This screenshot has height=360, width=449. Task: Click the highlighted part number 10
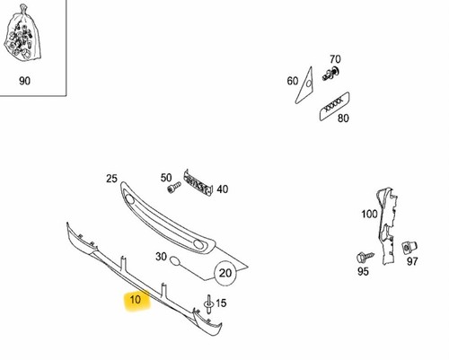coord(136,299)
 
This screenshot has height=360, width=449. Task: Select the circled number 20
coord(225,273)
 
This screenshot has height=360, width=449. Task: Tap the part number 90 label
coord(24,81)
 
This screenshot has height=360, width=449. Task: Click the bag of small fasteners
coord(22,34)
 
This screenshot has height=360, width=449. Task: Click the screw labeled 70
coord(330,74)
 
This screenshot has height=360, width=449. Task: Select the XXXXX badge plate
coord(334,106)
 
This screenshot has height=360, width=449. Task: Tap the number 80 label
coord(343,119)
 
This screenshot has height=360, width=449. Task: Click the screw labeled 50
coord(174,188)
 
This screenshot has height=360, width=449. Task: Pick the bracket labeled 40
coord(198,182)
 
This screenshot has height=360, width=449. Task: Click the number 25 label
coord(111,179)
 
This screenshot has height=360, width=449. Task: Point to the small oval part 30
coord(174,261)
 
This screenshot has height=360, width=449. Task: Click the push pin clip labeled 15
coord(208,304)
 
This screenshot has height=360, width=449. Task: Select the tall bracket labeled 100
coord(388,226)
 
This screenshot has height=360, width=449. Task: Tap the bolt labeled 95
coord(365,257)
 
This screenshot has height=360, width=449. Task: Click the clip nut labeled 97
coord(409,247)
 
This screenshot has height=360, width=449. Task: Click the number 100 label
coord(369,214)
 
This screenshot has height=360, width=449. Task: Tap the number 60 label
coord(293,81)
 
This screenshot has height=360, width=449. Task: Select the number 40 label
coord(223,189)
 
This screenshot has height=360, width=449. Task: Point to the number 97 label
coord(412,261)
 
